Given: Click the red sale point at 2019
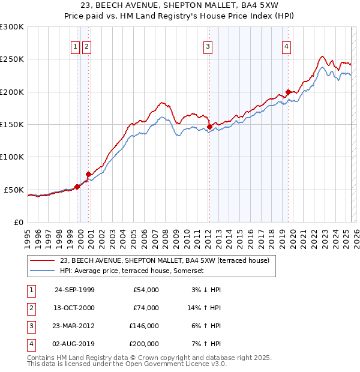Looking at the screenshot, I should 288,92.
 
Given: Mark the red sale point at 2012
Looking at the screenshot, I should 209,127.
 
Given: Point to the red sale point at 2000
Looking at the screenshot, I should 88,174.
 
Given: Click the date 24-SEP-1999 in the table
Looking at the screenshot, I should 74,290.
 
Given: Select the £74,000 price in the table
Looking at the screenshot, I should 146,308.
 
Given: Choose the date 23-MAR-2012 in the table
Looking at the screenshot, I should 74,326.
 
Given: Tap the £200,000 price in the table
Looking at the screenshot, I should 144,344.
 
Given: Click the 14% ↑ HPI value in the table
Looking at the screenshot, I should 205,308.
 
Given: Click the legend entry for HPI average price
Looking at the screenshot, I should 132,271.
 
